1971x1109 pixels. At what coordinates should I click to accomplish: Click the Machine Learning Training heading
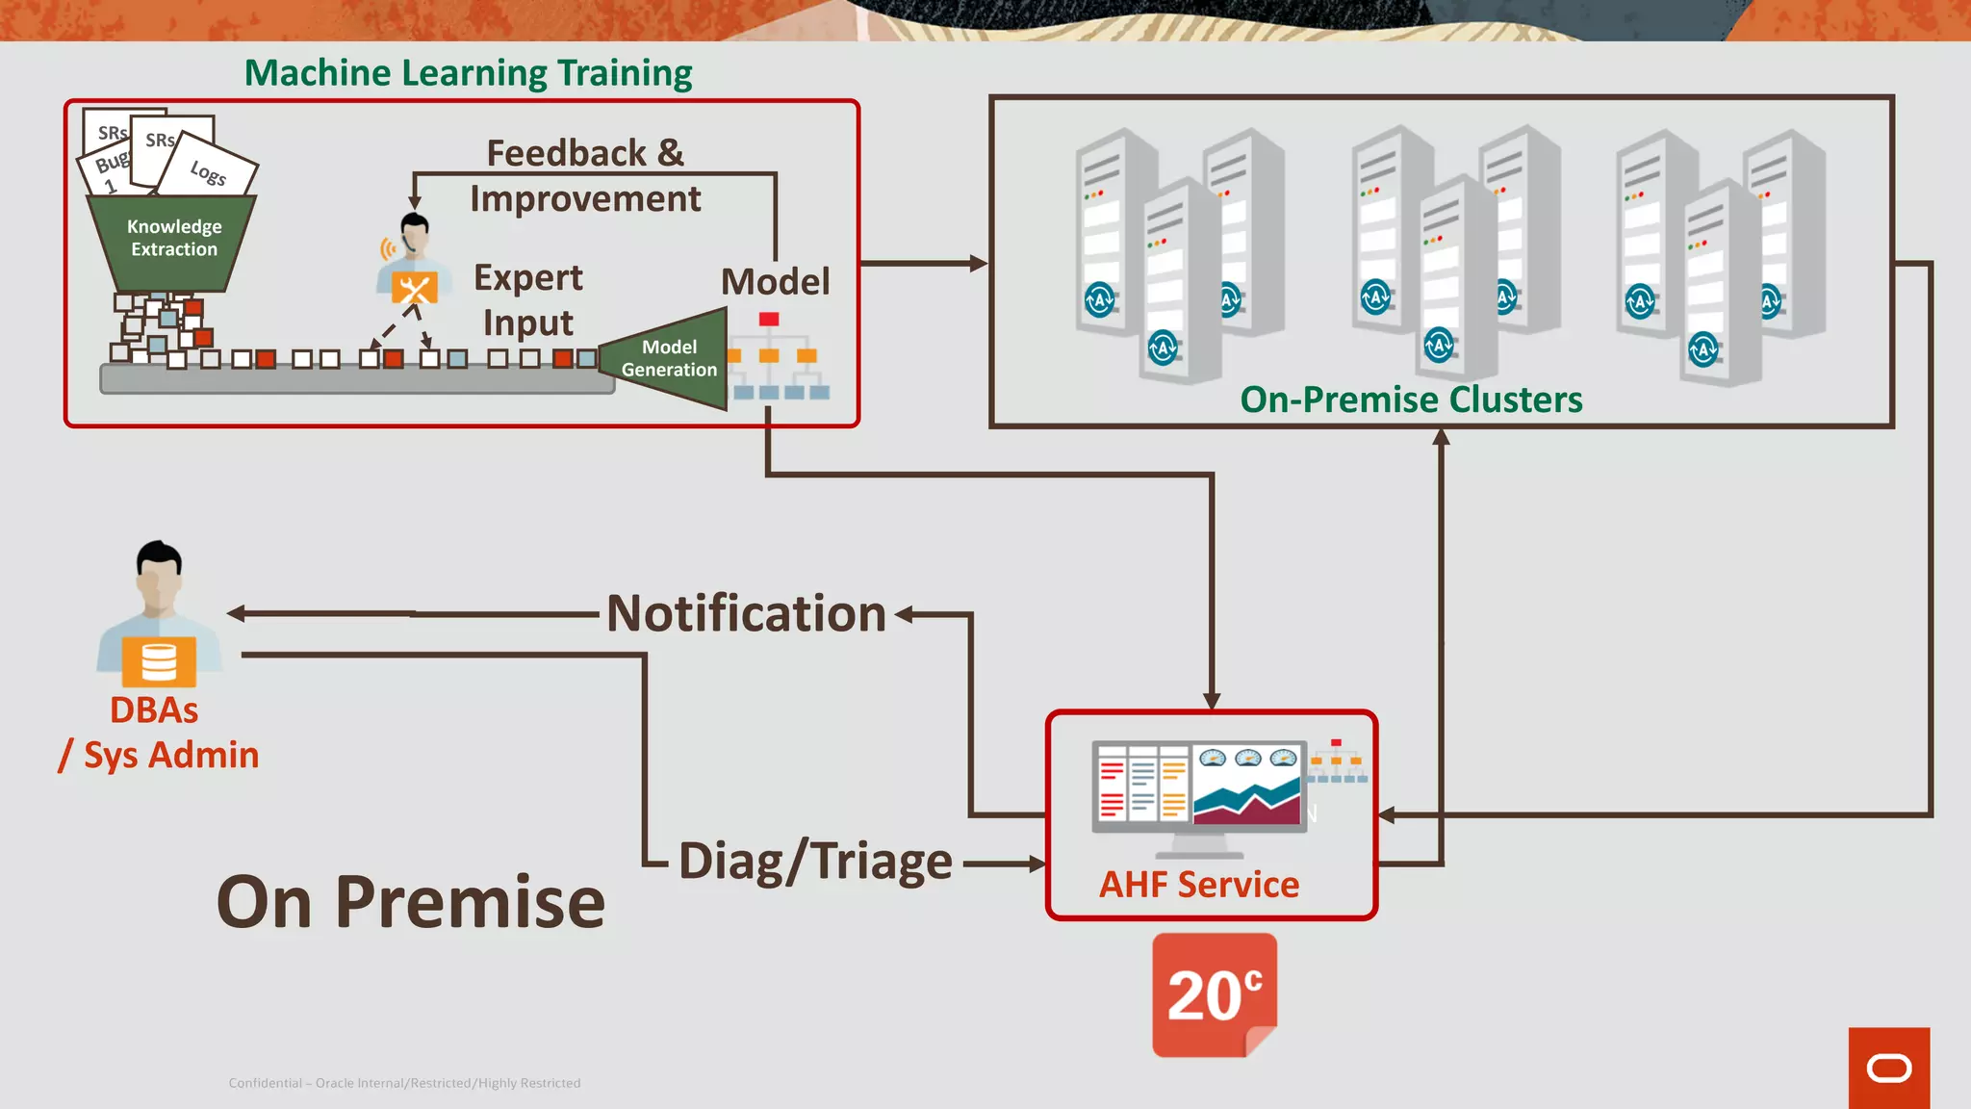(468, 73)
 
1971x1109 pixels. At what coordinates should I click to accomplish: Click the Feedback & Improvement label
(585, 175)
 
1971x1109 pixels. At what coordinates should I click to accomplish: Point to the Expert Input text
(528, 299)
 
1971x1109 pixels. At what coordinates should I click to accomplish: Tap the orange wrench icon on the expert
(415, 288)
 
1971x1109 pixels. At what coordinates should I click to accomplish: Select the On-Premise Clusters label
(1410, 400)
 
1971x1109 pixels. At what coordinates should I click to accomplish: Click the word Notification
(746, 613)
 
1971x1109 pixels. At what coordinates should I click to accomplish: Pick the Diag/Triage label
(815, 861)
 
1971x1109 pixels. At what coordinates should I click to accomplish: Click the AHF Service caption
(1199, 884)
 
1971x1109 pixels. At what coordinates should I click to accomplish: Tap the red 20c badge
(1215, 994)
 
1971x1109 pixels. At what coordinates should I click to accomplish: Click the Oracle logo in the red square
(1888, 1069)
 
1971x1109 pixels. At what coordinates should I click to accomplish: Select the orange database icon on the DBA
(159, 661)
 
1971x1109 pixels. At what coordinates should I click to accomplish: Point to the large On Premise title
(411, 902)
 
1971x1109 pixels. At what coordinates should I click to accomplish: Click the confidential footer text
(404, 1083)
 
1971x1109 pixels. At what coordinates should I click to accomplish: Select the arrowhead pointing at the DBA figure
(236, 613)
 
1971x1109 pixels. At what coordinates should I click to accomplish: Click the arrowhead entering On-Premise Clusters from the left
(979, 263)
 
